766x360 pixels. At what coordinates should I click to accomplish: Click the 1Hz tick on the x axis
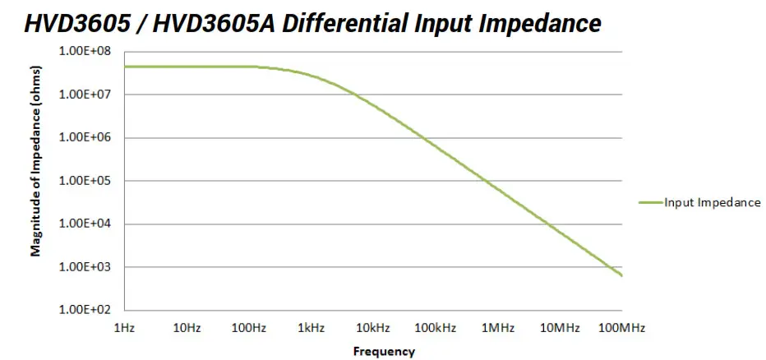pyautogui.click(x=124, y=328)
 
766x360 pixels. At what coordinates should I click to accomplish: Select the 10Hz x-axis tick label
pyautogui.click(x=187, y=328)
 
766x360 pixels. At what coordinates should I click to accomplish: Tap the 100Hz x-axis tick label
pyautogui.click(x=249, y=328)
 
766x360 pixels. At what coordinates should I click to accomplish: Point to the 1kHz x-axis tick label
pyautogui.click(x=311, y=328)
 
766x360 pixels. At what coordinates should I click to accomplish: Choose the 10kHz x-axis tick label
pyautogui.click(x=373, y=328)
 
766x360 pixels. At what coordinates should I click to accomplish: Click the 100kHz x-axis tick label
pyautogui.click(x=436, y=328)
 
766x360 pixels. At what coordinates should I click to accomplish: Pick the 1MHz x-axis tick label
pyautogui.click(x=498, y=328)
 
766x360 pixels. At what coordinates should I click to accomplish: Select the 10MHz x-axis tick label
pyautogui.click(x=560, y=328)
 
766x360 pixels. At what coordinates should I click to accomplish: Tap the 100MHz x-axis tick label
pyautogui.click(x=621, y=328)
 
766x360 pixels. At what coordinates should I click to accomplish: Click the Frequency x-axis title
pyautogui.click(x=384, y=352)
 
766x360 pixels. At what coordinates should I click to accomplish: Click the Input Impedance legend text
pyautogui.click(x=712, y=202)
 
